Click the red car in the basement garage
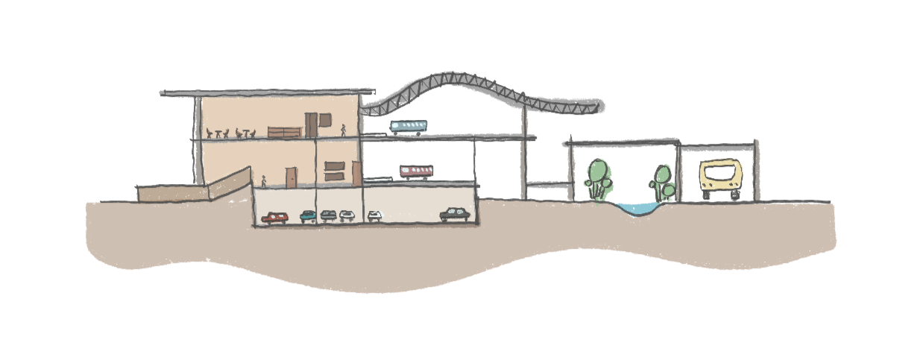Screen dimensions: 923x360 [275, 218]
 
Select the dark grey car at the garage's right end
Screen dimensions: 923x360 [455, 215]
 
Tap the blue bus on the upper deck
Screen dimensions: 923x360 [409, 127]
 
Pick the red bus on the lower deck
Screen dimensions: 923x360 [416, 172]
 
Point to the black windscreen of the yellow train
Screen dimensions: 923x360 [721, 174]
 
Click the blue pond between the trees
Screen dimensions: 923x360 [633, 210]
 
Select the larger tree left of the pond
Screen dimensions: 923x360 [600, 177]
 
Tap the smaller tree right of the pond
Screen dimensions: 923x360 [663, 182]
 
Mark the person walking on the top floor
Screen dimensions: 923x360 [344, 130]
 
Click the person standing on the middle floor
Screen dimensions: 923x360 [264, 181]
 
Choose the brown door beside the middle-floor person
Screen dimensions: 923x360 [291, 177]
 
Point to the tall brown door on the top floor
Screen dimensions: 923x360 [311, 125]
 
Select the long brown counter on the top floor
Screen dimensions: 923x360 [284, 132]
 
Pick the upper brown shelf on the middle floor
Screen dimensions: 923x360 [334, 165]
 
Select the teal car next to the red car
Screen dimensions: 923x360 [308, 216]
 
